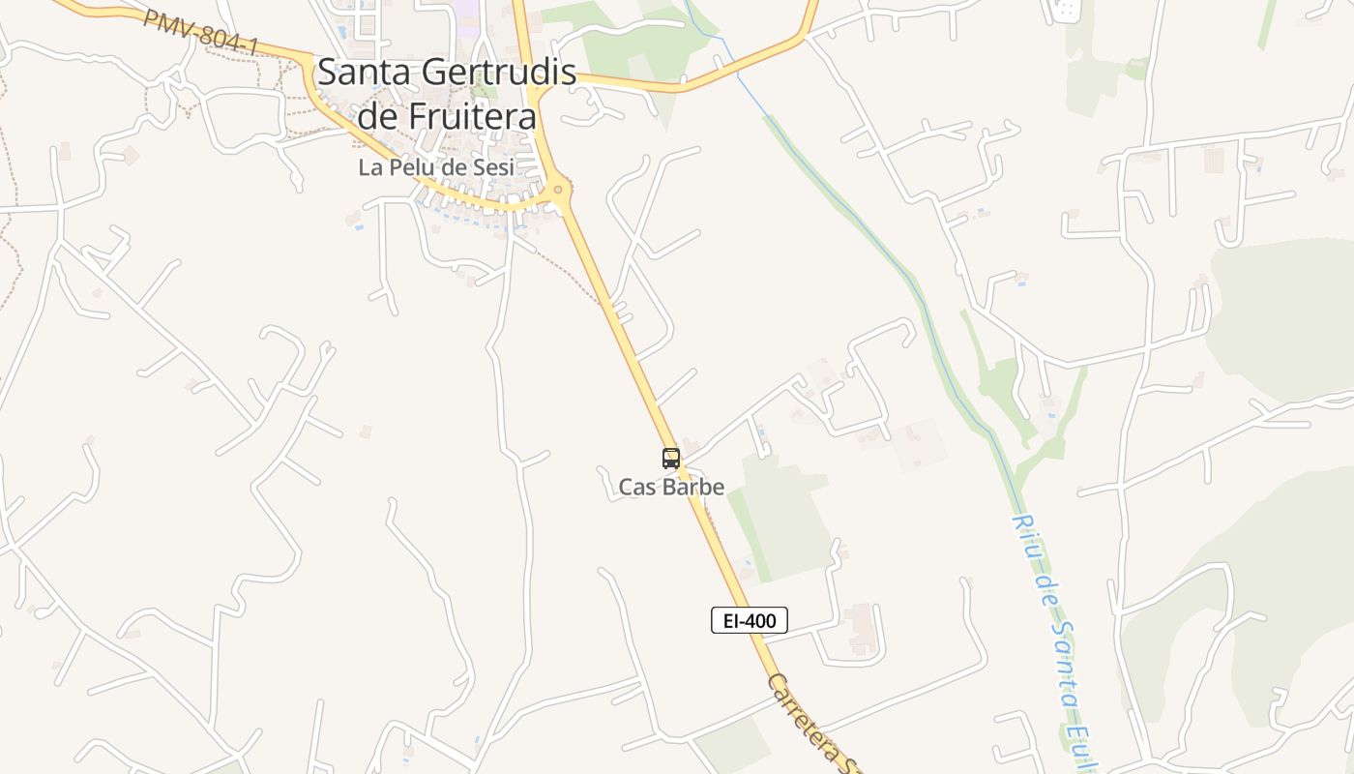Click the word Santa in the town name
[x=363, y=72]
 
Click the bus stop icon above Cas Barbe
[x=670, y=459]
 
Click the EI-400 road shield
[x=750, y=620]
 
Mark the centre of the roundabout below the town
[x=557, y=190]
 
